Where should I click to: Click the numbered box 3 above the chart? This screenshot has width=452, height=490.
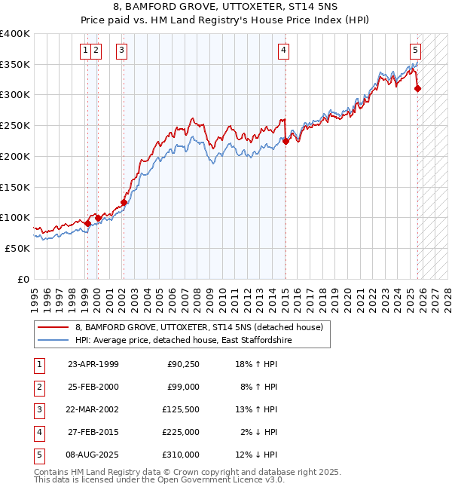point(121,51)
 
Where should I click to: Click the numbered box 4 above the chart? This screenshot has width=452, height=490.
point(283,51)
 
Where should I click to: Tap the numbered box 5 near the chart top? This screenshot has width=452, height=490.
point(415,51)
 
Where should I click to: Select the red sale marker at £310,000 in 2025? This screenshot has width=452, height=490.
point(418,88)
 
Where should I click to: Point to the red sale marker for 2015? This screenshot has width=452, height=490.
point(286,140)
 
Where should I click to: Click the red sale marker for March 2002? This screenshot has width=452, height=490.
point(124,202)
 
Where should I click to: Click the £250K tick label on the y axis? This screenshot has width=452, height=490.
point(15,126)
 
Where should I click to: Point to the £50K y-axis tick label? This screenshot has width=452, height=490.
point(18,248)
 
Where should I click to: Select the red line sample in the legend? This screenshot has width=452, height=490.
point(53,327)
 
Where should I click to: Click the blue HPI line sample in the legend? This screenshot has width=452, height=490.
point(53,340)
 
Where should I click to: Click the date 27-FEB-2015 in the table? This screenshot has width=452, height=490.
point(93,432)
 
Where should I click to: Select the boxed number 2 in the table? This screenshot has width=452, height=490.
point(38,387)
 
